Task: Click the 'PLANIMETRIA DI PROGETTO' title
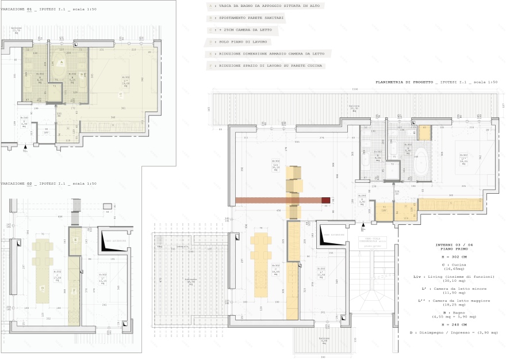[405, 82]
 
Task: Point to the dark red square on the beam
[325, 200]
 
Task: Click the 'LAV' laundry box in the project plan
[384, 210]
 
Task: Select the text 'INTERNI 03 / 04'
[453, 245]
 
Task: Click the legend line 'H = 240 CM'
[453, 324]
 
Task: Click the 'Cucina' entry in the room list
[453, 265]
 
